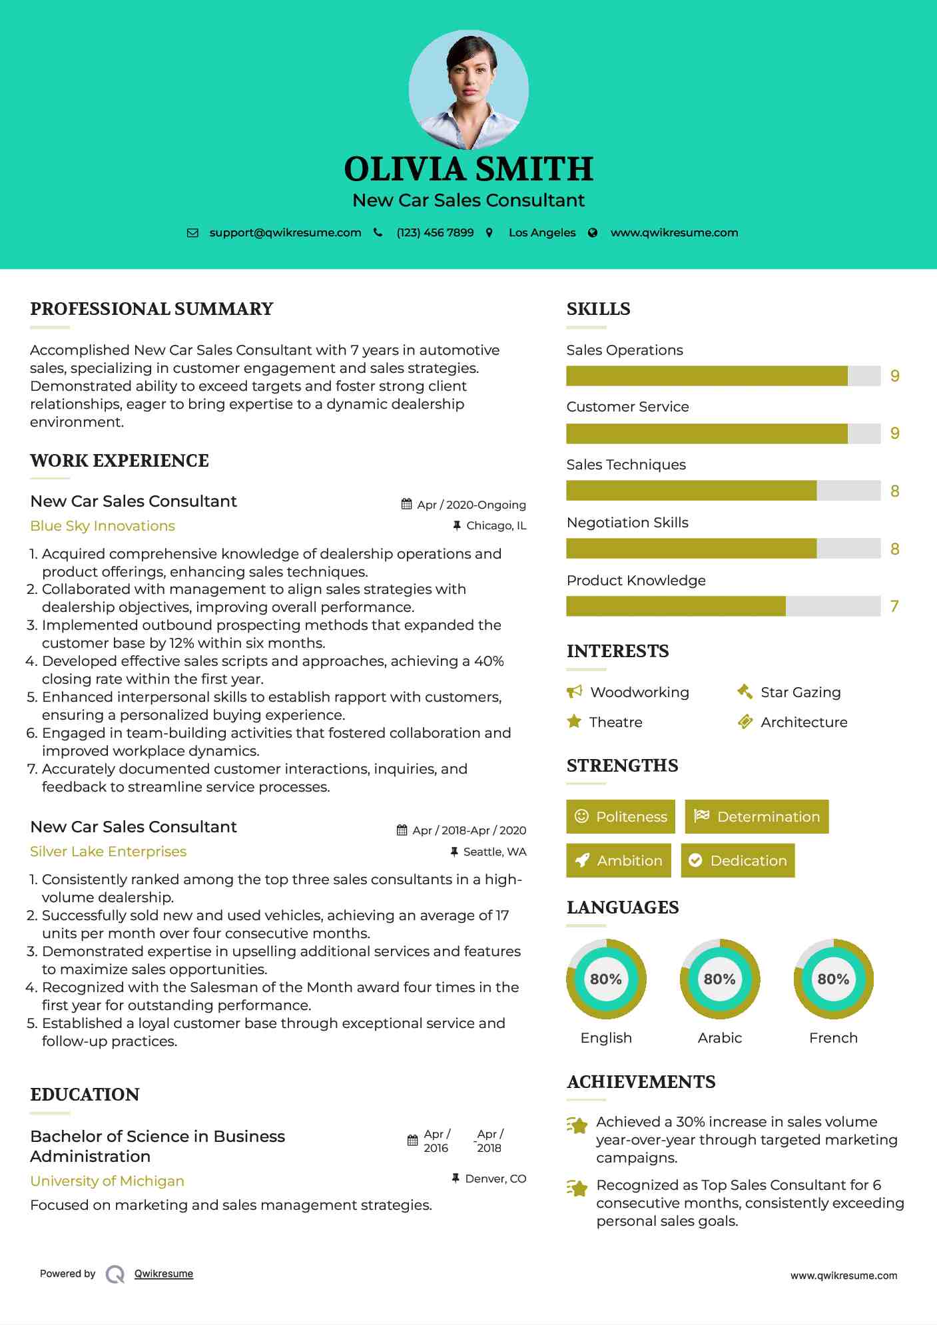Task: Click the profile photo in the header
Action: pyautogui.click(x=468, y=89)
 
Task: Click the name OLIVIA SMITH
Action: pyautogui.click(x=468, y=169)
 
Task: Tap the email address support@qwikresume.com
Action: pyautogui.click(x=285, y=233)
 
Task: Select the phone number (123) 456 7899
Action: pyautogui.click(x=435, y=233)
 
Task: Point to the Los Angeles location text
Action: pyautogui.click(x=542, y=233)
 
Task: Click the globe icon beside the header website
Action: pyautogui.click(x=593, y=233)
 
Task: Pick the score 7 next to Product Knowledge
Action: pyautogui.click(x=894, y=607)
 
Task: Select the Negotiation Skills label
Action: pyautogui.click(x=627, y=523)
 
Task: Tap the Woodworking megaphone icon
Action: pyautogui.click(x=574, y=692)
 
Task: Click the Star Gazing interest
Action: pyautogui.click(x=800, y=692)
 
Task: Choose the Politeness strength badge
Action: pyautogui.click(x=621, y=817)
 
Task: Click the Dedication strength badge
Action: pyautogui.click(x=738, y=861)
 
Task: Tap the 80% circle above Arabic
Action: pyautogui.click(x=720, y=979)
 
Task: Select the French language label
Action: pyautogui.click(x=833, y=1038)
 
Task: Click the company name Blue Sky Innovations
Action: pyautogui.click(x=103, y=526)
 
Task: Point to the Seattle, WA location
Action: pyautogui.click(x=495, y=852)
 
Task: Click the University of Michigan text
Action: pyautogui.click(x=107, y=1181)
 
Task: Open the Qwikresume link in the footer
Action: pyautogui.click(x=164, y=1274)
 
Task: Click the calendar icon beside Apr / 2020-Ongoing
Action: pyautogui.click(x=406, y=505)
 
